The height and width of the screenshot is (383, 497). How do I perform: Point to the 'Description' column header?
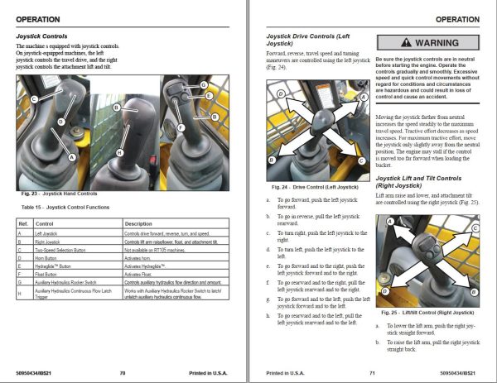click(x=141, y=224)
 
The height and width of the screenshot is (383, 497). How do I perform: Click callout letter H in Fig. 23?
click(x=119, y=153)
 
